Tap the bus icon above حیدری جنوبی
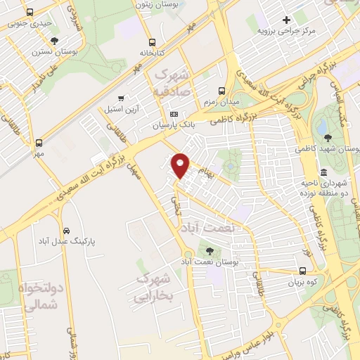tap(29, 13)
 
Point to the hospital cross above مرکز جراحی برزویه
tap(285, 19)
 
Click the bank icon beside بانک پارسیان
tap(174, 115)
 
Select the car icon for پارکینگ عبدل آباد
tap(66, 230)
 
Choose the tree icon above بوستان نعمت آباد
tap(210, 250)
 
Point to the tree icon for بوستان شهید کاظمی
tap(325, 131)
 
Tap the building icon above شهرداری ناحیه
tap(323, 172)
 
